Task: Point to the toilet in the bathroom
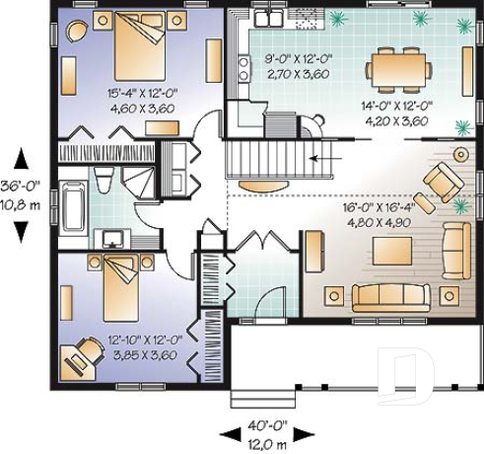[x=104, y=180]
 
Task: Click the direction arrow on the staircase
[x=319, y=157]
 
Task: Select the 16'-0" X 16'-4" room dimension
[x=390, y=208]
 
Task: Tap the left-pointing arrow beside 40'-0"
[x=228, y=434]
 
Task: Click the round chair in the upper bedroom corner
[x=76, y=33]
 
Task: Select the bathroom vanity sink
[x=114, y=238]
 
